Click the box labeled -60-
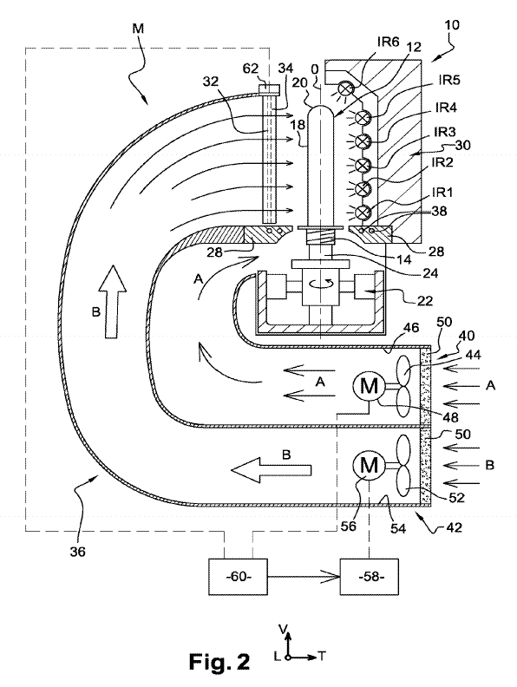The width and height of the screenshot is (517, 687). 238,577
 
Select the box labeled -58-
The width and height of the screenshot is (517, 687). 370,577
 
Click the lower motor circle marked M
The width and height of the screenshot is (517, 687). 369,465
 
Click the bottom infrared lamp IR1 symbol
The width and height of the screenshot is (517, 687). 363,213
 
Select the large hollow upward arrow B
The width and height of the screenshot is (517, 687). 112,301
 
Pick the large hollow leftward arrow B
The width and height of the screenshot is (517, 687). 271,470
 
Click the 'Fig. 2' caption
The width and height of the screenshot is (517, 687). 219,662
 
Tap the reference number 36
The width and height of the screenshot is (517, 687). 77,552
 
